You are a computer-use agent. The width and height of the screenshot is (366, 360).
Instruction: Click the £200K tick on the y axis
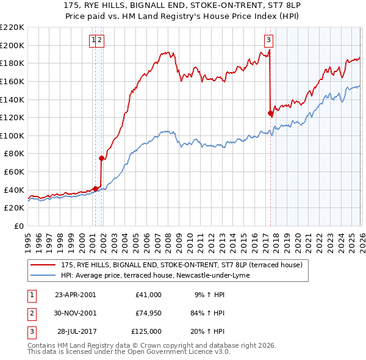[x=12, y=45]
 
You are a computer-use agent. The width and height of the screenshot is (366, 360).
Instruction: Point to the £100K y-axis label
[x=12, y=135]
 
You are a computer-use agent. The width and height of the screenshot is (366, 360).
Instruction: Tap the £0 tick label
[x=19, y=226]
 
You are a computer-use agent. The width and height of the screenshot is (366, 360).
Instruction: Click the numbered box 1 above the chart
[x=94, y=41]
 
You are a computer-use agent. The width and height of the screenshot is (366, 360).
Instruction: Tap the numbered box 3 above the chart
[x=268, y=41]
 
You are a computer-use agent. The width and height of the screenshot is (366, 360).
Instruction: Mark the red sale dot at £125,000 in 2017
[x=270, y=113]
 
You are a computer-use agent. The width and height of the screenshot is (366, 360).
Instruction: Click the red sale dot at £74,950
[x=101, y=158]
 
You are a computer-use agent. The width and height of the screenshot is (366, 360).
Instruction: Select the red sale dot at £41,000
[x=95, y=189]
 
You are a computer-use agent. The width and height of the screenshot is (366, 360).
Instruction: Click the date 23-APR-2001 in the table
[x=75, y=295]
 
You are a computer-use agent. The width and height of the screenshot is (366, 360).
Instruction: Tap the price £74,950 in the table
[x=146, y=313]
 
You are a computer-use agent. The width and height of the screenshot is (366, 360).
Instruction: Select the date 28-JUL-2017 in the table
[x=75, y=331]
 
